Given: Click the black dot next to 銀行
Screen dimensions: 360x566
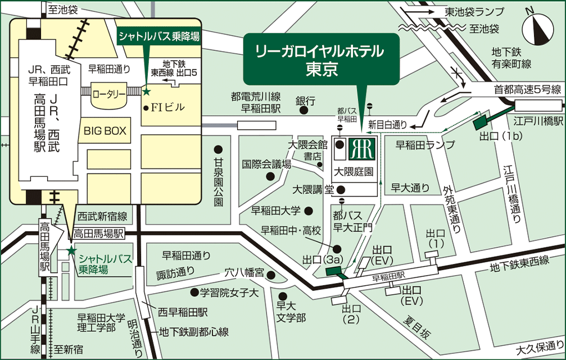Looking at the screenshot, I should pos(304,111).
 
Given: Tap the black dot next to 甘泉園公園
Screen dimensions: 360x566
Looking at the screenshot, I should pos(218,150).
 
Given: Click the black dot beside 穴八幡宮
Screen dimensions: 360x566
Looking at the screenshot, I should pos(271,275).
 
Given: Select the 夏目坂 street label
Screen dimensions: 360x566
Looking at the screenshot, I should pos(418,328).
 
